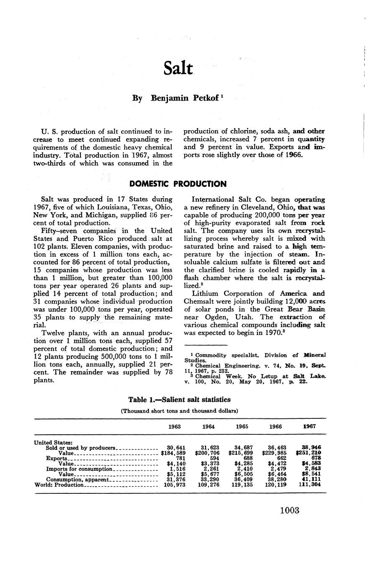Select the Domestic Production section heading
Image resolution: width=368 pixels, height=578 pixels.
(178, 184)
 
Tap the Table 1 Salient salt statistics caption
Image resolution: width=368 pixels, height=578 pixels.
(179, 400)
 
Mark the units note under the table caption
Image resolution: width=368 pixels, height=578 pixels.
(179, 411)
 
